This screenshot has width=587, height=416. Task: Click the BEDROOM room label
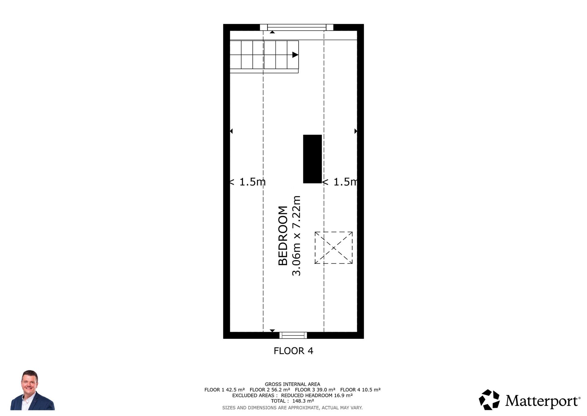coord(283,236)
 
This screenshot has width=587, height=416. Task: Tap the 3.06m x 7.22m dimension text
coord(297,236)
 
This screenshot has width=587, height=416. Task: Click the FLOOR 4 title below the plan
coord(293,351)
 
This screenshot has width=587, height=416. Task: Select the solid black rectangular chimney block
coord(312,159)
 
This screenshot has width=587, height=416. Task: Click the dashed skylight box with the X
coord(334,248)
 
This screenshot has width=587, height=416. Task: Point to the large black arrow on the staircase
coord(295,55)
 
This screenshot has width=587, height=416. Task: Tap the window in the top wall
coord(297,27)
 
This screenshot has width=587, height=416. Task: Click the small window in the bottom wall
coord(293,335)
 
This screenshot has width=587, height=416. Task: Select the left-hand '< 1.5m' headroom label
coord(247,182)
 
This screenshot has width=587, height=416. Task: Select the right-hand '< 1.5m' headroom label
coord(340,182)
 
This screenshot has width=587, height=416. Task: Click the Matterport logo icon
coord(489,399)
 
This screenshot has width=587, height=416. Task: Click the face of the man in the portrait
coord(29,383)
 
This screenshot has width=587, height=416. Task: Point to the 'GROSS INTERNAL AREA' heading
coord(293,384)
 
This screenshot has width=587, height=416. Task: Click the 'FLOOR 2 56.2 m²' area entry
coord(270,390)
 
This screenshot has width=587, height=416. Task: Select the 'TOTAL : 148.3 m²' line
coord(293,401)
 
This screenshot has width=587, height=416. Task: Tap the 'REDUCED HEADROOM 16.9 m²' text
coord(317,395)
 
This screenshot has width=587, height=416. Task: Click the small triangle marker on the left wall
coord(231,131)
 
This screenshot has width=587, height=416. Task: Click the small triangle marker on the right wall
coord(356,131)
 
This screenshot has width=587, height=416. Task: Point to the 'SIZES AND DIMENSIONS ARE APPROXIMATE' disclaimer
coord(293,408)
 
